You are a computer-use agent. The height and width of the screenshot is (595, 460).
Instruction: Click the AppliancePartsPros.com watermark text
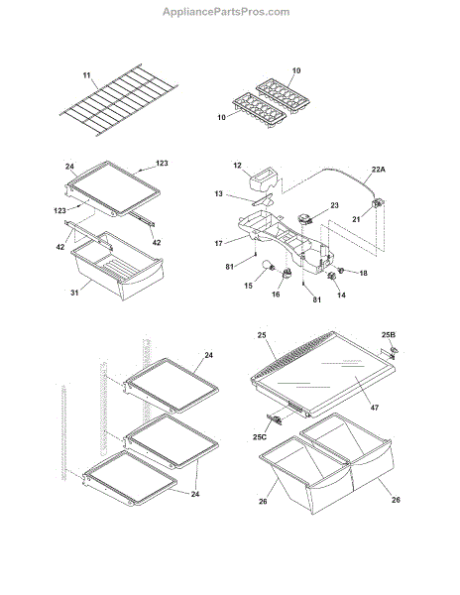[x=226, y=12]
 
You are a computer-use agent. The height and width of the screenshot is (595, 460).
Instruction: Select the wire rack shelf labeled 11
[x=119, y=100]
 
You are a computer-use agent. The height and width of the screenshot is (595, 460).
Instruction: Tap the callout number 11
[x=87, y=75]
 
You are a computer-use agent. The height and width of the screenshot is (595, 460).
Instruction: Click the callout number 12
[x=237, y=166]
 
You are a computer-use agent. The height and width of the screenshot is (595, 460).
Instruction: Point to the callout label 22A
[x=378, y=170]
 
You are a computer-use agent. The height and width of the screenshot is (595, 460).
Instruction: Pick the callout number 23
[x=334, y=205]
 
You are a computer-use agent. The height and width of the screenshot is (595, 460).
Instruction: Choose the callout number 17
[x=218, y=243]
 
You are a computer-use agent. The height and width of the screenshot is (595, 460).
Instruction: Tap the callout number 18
[x=363, y=273]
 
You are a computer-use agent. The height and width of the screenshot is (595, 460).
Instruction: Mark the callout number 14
[x=341, y=295]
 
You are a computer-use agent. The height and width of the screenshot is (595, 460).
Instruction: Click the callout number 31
[x=74, y=293]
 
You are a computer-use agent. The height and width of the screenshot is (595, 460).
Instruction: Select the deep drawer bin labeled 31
[x=118, y=266]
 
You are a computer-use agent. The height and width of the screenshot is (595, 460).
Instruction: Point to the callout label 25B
[x=389, y=335]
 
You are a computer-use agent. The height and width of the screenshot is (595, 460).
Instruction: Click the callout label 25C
[x=260, y=437]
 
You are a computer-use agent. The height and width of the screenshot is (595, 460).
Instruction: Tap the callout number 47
[x=375, y=408]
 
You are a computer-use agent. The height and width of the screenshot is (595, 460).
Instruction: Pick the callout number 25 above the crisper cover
[x=262, y=335]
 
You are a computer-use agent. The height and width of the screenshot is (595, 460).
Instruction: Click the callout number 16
[x=276, y=295]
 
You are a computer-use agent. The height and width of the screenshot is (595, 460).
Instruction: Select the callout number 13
[x=218, y=194]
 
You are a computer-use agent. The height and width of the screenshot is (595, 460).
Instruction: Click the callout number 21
[x=356, y=219]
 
